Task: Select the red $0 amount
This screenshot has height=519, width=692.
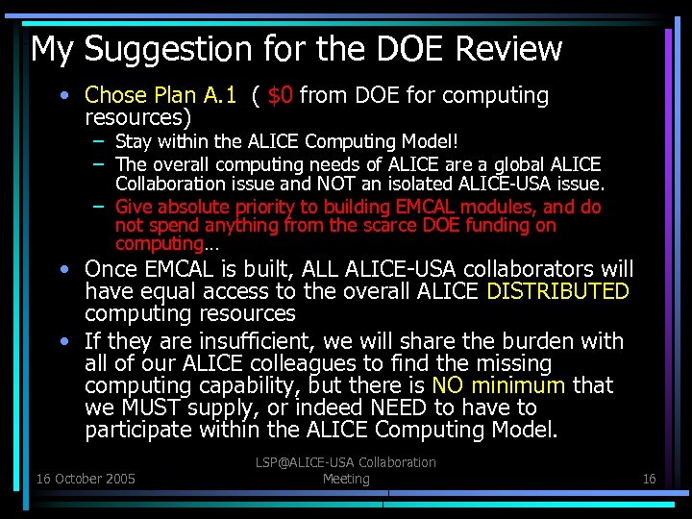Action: click(x=281, y=95)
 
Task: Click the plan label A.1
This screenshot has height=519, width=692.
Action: click(x=217, y=95)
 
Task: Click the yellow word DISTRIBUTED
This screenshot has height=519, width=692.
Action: click(x=557, y=291)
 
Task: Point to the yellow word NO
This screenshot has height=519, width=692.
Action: click(x=449, y=386)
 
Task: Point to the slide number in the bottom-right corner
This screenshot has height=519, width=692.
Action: click(x=649, y=479)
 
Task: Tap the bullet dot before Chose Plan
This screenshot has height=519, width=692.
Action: click(x=62, y=95)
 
